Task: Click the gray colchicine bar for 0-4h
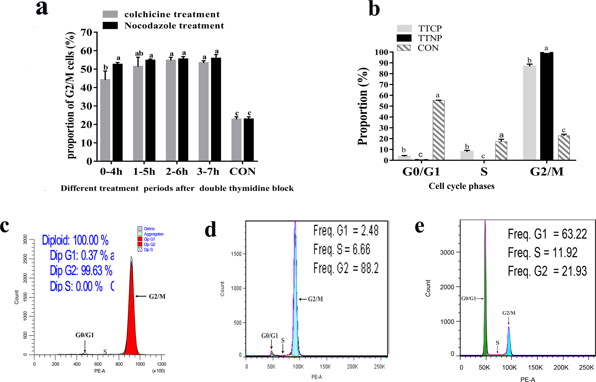coord(105,120)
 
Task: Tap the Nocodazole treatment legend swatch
coord(110,26)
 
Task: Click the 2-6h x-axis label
coord(177,172)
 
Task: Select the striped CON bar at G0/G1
coord(438,130)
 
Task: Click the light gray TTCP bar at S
coord(467,156)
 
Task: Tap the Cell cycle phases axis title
coord(461,186)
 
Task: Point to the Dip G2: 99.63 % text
coord(81,271)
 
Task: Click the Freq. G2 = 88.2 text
coord(346,268)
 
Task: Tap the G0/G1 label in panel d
coord(270,336)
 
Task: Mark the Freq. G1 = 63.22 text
coord(547,234)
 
